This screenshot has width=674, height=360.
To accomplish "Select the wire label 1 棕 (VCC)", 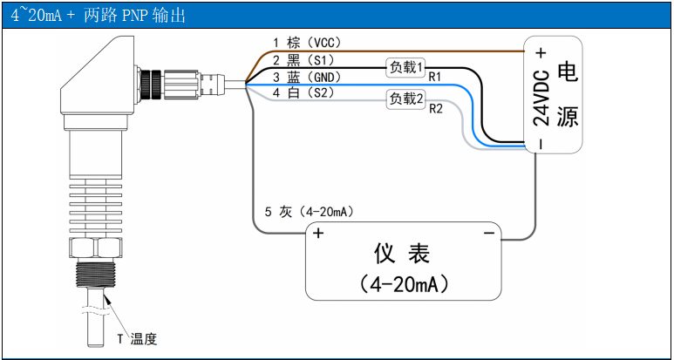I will [x=305, y=43].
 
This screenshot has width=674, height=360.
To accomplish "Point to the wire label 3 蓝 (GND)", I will [x=305, y=77].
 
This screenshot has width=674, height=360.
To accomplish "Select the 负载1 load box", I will [x=405, y=67].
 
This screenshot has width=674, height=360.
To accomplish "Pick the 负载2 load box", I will [x=405, y=98].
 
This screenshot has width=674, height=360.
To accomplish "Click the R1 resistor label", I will [x=434, y=78].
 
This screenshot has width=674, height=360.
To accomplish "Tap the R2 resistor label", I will [x=435, y=109].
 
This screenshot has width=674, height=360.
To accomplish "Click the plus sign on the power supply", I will [x=541, y=51].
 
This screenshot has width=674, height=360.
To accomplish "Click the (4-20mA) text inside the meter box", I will [x=402, y=284].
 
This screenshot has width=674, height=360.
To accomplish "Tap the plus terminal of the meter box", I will [x=318, y=234].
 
